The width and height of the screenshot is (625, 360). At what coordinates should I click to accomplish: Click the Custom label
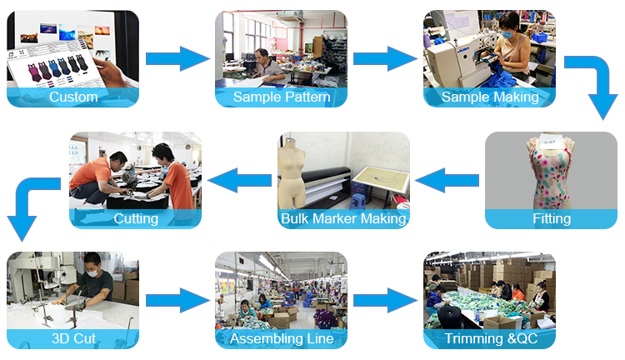(x=73, y=97)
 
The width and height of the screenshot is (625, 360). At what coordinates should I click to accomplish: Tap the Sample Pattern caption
(x=282, y=97)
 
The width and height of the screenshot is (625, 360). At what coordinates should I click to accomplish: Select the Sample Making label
(x=489, y=97)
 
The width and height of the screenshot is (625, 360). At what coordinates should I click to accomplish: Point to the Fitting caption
(x=552, y=219)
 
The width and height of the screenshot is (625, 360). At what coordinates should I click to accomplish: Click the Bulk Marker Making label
(x=343, y=219)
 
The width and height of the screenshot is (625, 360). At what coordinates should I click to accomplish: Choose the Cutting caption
(x=135, y=219)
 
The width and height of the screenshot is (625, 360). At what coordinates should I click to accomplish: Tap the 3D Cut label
(x=73, y=339)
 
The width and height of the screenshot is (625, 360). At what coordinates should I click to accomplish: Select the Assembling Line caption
(x=282, y=339)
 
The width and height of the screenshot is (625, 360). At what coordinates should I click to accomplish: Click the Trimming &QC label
(x=489, y=339)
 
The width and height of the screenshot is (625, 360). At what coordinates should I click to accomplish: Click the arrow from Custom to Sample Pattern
(x=177, y=58)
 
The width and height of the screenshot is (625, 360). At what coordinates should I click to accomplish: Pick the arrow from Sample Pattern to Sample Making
(x=384, y=58)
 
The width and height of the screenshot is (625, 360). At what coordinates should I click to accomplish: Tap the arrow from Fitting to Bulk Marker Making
(x=447, y=178)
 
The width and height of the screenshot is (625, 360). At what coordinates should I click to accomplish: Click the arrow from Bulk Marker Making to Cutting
(x=239, y=178)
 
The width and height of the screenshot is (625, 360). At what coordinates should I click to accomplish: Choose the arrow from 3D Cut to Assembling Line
(x=177, y=299)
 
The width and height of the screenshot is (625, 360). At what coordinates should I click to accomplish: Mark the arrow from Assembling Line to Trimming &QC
(x=384, y=299)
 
